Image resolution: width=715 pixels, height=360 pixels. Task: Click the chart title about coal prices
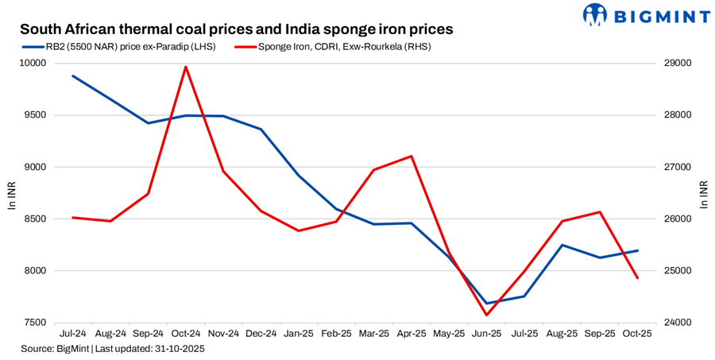pyautogui.click(x=236, y=29)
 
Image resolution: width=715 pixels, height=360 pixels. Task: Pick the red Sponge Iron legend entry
pyautogui.click(x=334, y=47)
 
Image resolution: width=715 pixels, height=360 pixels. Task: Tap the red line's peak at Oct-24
pyautogui.click(x=186, y=67)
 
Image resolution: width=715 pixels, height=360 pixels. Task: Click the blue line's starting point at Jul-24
pyautogui.click(x=73, y=76)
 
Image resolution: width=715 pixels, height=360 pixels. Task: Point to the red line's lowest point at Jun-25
pyautogui.click(x=487, y=315)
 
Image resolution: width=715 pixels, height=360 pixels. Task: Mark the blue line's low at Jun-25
pyautogui.click(x=487, y=303)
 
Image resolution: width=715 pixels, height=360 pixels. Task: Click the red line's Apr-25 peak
pyautogui.click(x=412, y=156)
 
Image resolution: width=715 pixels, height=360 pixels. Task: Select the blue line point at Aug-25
pyautogui.click(x=562, y=245)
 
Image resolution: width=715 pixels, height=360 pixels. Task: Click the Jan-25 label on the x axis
pyautogui.click(x=299, y=335)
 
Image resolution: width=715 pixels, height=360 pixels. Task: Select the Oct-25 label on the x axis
pyautogui.click(x=637, y=335)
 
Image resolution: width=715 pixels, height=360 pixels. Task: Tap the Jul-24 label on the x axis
pyautogui.click(x=73, y=335)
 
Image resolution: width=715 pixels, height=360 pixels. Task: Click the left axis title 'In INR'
pyautogui.click(x=11, y=193)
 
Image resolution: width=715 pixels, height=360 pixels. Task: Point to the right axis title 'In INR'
pyautogui.click(x=705, y=193)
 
